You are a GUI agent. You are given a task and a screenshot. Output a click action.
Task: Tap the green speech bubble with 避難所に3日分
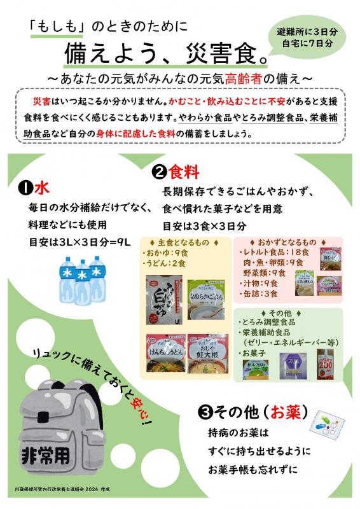[x=306, y=38]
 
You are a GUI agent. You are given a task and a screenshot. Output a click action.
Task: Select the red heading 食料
[x=184, y=171]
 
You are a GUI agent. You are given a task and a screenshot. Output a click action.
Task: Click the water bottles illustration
[x=81, y=279]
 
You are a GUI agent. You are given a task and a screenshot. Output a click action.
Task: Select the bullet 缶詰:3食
[x=258, y=293]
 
